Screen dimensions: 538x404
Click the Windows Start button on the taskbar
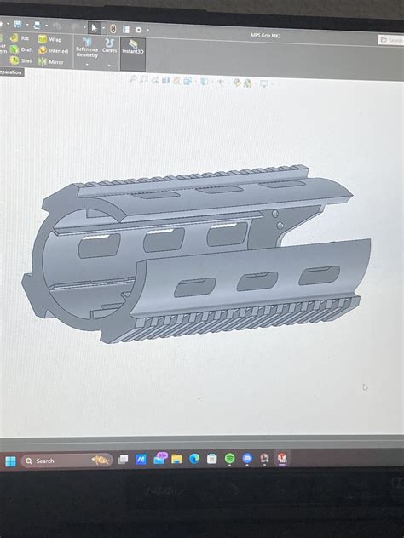10,461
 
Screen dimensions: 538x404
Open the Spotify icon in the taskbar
230,459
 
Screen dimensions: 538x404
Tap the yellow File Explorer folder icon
176,459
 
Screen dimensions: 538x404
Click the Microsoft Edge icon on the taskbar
194,459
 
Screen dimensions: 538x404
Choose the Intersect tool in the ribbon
53,51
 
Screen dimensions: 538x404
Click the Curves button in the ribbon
110,43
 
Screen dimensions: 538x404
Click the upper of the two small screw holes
275,213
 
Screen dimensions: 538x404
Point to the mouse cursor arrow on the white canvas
365,387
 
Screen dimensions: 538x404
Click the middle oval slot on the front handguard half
256,280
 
